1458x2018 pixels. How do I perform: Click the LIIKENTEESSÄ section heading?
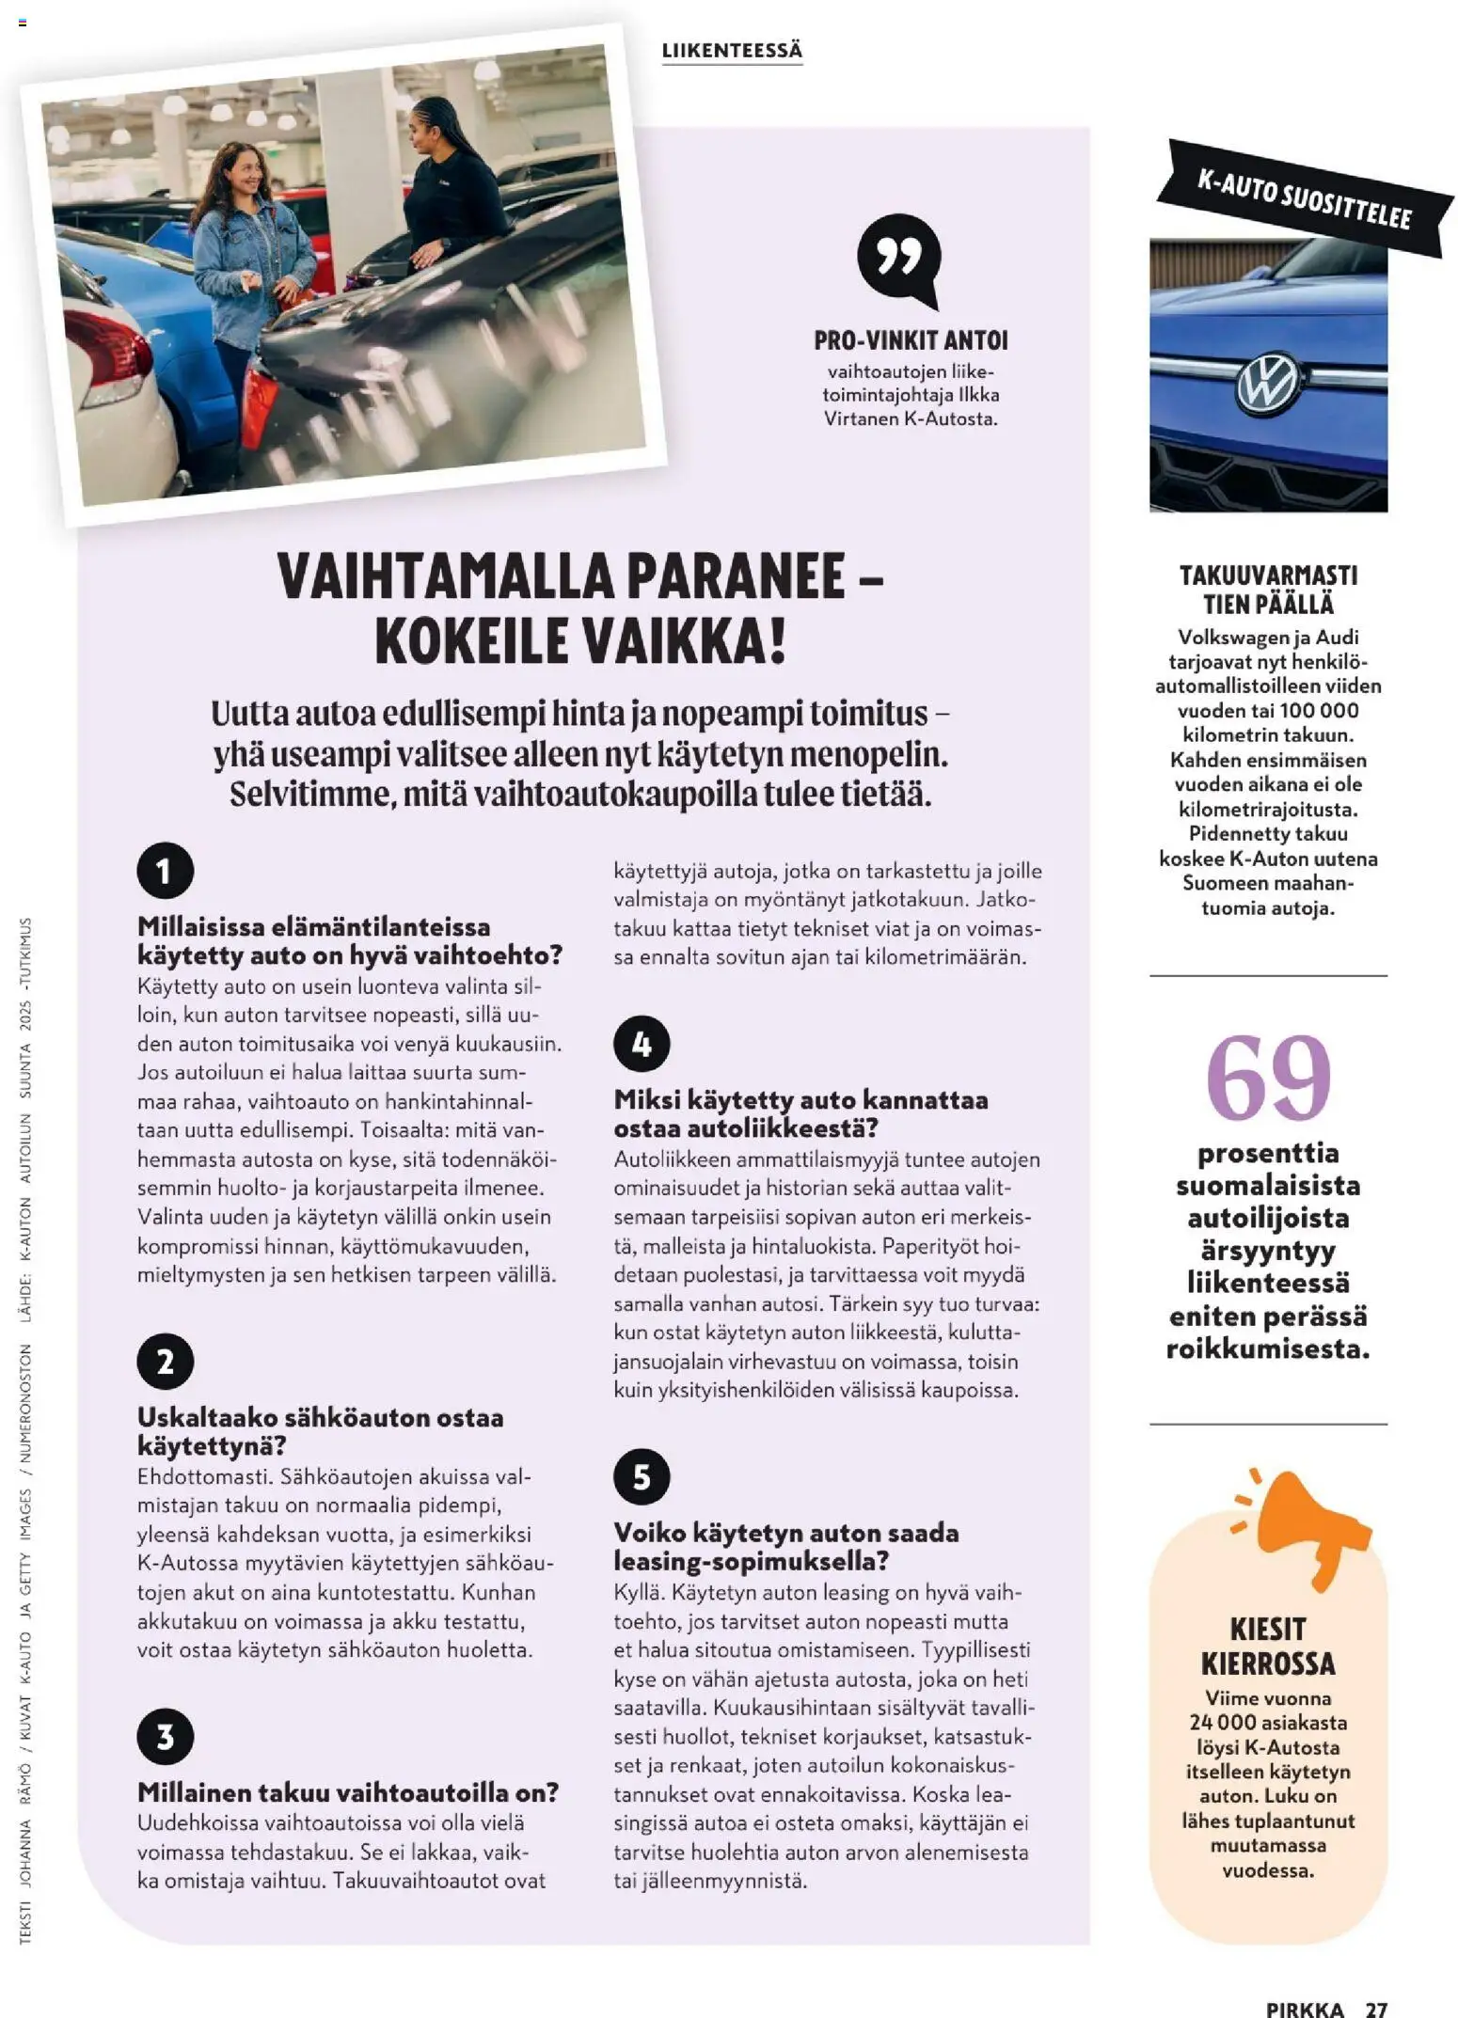click(x=732, y=52)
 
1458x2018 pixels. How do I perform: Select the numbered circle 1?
click(x=165, y=870)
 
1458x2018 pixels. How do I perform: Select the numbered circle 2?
click(x=165, y=1361)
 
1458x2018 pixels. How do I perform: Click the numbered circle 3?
click(x=165, y=1736)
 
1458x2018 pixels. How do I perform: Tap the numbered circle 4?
click(x=642, y=1043)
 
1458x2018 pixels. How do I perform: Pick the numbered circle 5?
click(x=642, y=1475)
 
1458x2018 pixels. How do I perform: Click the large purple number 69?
click(x=1267, y=1078)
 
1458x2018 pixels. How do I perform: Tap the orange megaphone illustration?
click(x=1303, y=1524)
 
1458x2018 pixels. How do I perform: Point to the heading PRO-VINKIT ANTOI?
click(x=910, y=340)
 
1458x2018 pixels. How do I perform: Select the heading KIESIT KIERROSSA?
click(x=1267, y=1646)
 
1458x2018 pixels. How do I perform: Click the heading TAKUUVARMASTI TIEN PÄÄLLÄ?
click(x=1267, y=590)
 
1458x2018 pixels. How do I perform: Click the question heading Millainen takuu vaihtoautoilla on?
click(x=348, y=1792)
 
